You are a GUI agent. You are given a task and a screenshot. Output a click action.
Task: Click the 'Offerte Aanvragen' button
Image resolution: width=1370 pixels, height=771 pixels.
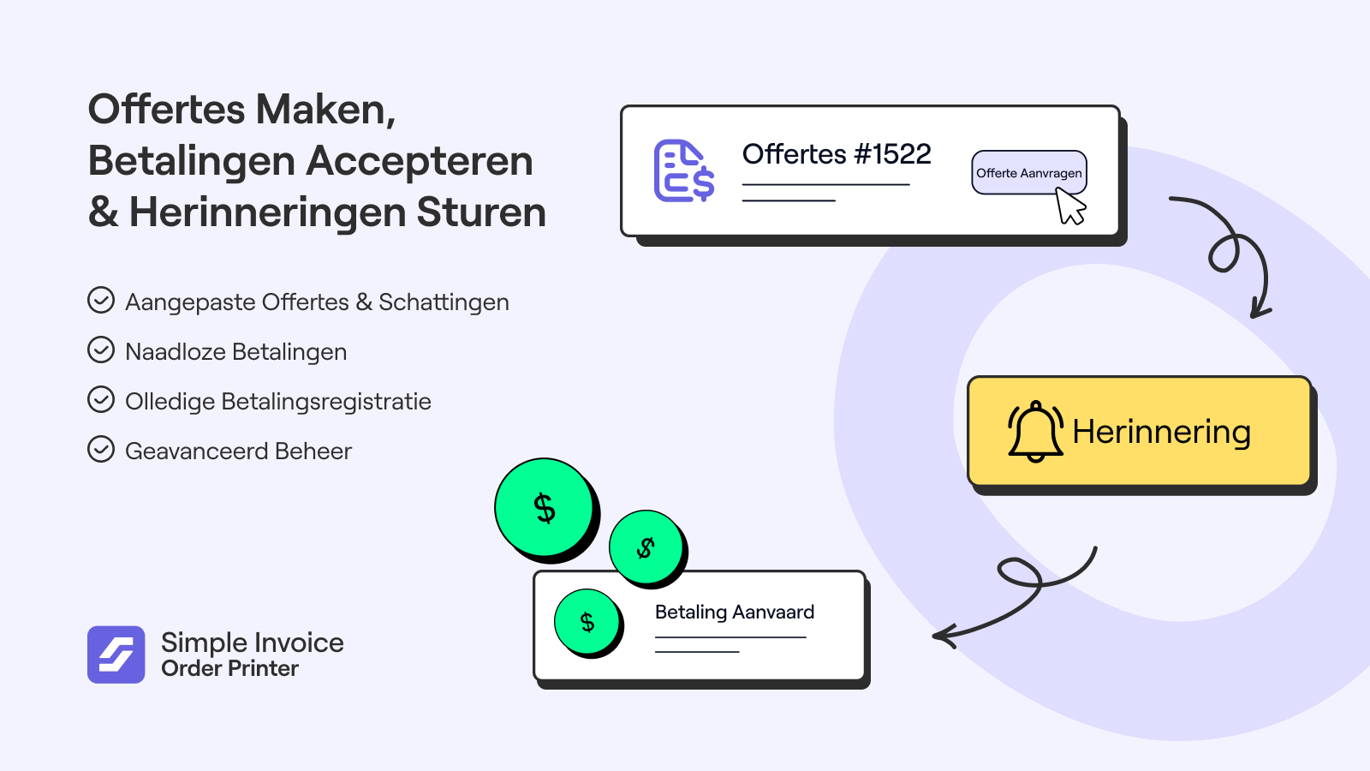click(x=1028, y=172)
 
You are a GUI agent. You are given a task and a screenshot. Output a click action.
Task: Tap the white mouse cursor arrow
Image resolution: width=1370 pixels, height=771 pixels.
click(x=1069, y=206)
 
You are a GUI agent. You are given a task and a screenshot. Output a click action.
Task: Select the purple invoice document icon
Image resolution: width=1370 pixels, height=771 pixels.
click(x=684, y=170)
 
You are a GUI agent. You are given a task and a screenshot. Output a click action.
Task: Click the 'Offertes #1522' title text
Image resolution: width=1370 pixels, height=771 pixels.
click(x=836, y=153)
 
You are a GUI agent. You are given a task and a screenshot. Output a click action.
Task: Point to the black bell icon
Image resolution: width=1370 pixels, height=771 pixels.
click(x=1035, y=432)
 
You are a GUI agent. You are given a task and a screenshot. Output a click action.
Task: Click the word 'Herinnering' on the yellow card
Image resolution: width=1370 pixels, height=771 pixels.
click(x=1161, y=432)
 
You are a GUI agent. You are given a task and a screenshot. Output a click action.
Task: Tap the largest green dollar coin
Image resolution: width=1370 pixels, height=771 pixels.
click(x=544, y=507)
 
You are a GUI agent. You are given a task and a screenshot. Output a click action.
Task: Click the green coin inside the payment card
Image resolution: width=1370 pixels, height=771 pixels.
click(x=587, y=622)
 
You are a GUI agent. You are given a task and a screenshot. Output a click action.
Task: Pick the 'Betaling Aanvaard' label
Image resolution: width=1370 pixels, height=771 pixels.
click(x=735, y=612)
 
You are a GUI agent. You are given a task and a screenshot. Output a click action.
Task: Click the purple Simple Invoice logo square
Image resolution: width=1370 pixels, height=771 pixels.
click(x=116, y=654)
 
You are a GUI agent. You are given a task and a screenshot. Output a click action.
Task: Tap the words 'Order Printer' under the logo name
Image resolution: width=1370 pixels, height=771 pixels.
click(x=230, y=669)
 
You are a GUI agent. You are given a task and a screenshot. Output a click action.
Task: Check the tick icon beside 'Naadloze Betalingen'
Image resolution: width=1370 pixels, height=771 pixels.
click(x=101, y=350)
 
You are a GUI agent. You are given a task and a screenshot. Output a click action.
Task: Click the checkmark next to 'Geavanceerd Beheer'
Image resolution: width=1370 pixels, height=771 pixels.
click(x=101, y=449)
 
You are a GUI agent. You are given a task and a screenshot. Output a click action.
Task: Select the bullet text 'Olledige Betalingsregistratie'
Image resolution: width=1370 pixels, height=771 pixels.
click(x=278, y=402)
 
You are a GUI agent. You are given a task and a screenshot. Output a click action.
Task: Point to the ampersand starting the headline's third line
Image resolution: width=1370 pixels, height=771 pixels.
click(x=104, y=212)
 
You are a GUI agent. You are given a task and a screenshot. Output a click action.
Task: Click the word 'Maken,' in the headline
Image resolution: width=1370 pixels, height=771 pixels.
click(x=325, y=111)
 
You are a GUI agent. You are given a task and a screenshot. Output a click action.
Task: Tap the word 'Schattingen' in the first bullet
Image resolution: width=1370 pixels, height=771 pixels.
click(x=444, y=302)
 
